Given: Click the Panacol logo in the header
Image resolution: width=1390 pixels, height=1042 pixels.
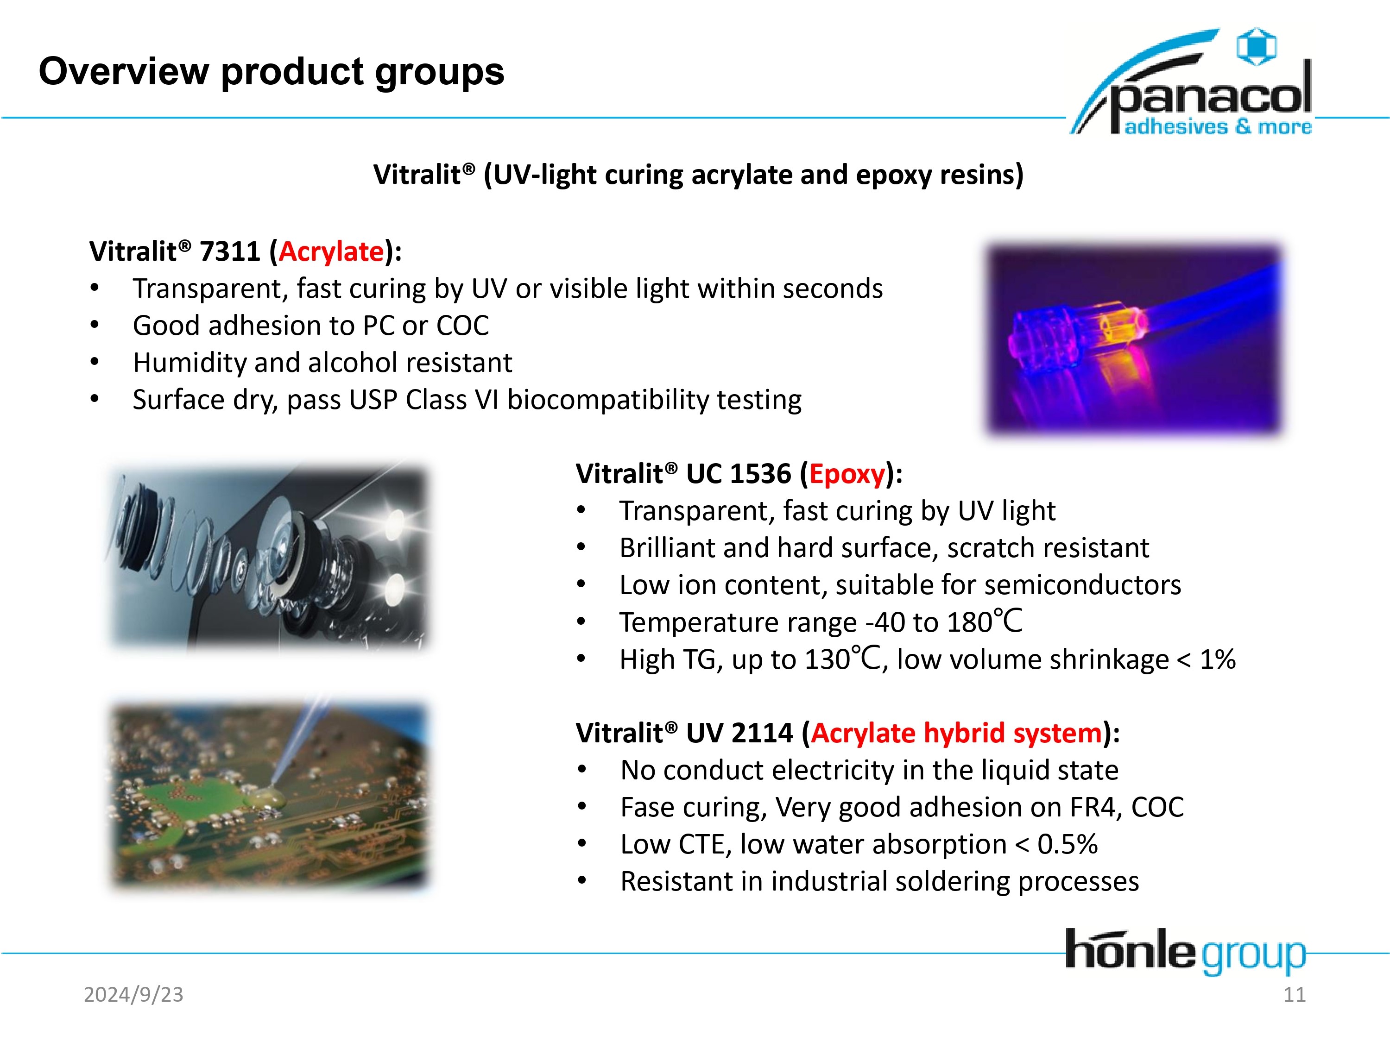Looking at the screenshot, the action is pyautogui.click(x=1191, y=81).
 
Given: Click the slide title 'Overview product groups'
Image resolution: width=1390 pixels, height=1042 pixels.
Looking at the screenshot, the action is pyautogui.click(x=272, y=71).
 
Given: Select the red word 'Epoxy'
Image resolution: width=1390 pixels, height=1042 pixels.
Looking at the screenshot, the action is pyautogui.click(x=847, y=474).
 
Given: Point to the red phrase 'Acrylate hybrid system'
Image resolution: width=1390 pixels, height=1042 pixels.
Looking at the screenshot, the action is pyautogui.click(x=956, y=733).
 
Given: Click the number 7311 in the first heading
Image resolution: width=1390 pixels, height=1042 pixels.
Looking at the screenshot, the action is pyautogui.click(x=229, y=251).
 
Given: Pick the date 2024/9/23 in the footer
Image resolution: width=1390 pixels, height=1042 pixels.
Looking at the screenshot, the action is pyautogui.click(x=133, y=994).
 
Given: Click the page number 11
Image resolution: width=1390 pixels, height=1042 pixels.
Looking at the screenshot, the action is pyautogui.click(x=1295, y=994).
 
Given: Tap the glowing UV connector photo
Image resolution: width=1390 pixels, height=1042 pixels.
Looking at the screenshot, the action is pyautogui.click(x=1134, y=338).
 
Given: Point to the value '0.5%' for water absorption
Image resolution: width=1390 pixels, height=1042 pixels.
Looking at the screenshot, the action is pyautogui.click(x=1068, y=844).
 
